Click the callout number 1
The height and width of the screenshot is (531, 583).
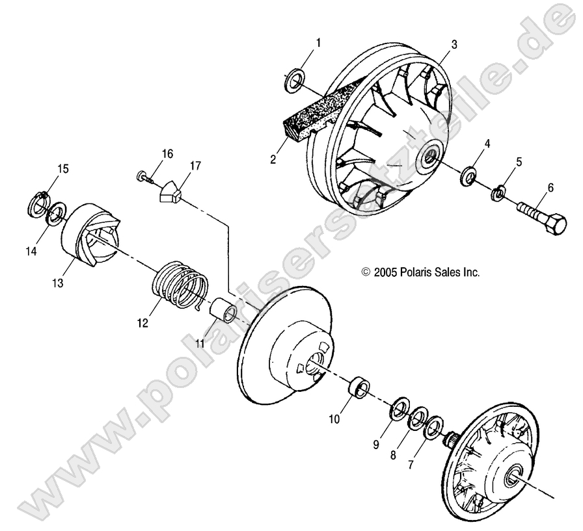pos(318,43)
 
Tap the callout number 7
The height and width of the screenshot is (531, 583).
pos(411,465)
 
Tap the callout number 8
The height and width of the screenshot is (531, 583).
pos(393,456)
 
